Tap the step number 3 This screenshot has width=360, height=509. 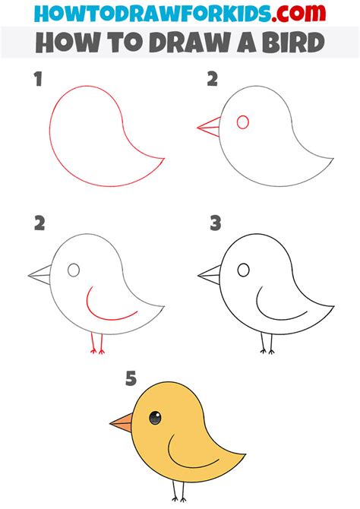point(216,223)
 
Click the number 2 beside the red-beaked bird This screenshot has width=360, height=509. point(213,78)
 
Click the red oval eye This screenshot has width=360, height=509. point(243,122)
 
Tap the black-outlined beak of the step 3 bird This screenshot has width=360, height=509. point(210,275)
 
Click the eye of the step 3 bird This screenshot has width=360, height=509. point(244,270)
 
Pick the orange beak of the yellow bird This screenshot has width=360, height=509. point(121,422)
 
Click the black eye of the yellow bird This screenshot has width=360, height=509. point(155,417)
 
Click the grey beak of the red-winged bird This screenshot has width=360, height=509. point(39,275)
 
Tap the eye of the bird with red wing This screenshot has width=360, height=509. point(74,270)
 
